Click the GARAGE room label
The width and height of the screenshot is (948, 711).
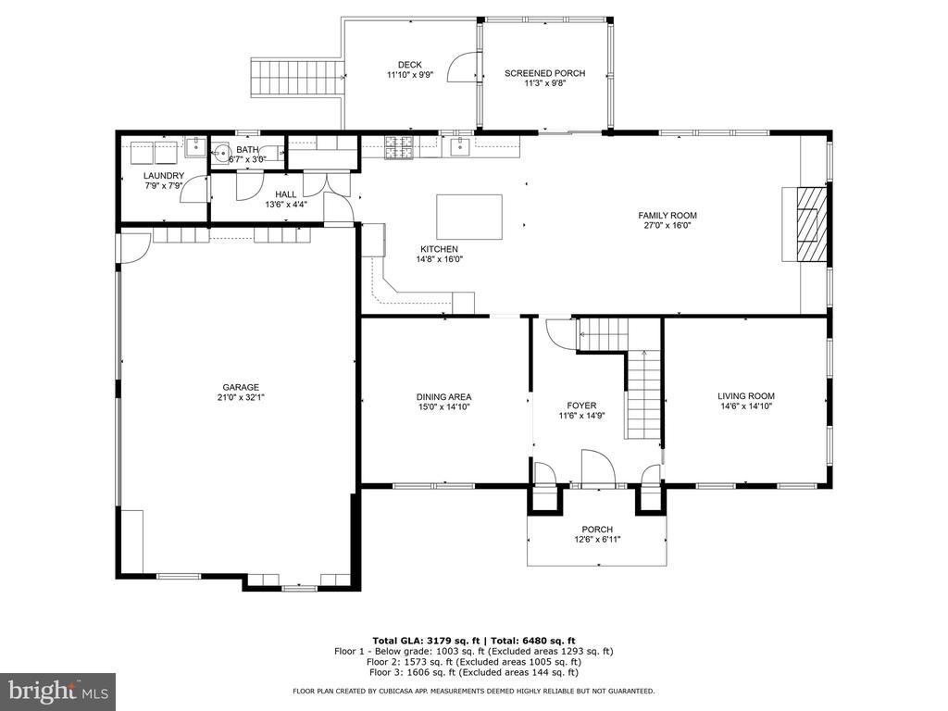[241, 388]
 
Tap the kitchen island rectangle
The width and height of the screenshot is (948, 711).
[469, 217]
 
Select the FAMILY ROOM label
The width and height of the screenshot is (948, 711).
[667, 215]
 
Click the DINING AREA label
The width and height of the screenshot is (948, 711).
[443, 397]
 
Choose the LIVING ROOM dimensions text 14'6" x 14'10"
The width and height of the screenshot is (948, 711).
[746, 406]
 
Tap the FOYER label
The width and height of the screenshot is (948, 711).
[581, 405]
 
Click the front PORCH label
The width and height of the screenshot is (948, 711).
[597, 530]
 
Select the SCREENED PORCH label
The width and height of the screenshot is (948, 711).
[544, 74]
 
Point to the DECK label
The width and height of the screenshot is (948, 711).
[410, 66]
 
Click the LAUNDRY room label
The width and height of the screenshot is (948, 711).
[164, 176]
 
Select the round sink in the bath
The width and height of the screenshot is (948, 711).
[221, 155]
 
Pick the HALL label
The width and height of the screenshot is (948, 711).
[286, 194]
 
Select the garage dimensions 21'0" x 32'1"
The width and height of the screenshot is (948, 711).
[241, 397]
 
